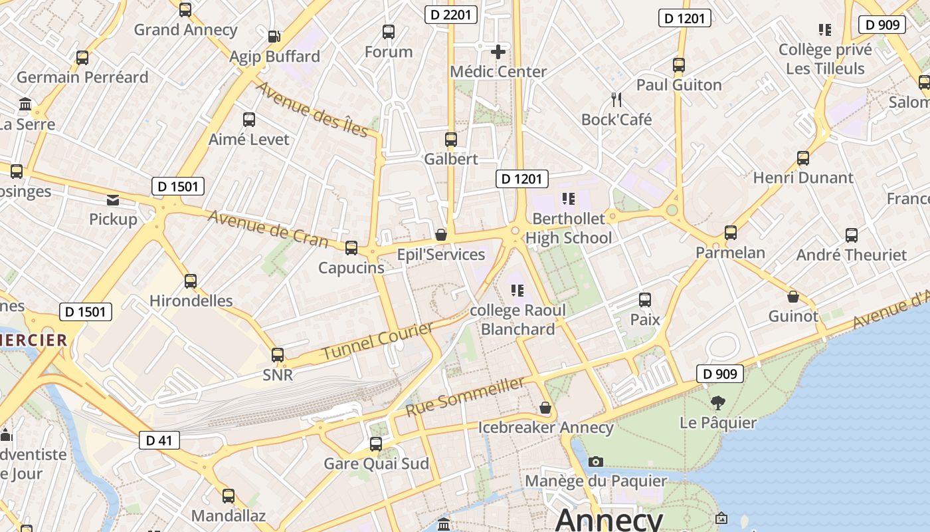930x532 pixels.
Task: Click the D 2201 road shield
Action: pos(451,14)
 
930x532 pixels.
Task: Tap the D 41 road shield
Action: pos(159,440)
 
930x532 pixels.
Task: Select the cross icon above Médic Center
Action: pos(498,51)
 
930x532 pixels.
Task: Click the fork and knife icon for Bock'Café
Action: pos(616,100)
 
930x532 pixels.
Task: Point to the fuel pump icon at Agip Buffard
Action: pos(274,37)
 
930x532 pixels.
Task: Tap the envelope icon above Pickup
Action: pos(113,199)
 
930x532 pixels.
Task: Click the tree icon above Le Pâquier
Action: pos(717,402)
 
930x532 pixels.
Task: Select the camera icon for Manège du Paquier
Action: pos(596,462)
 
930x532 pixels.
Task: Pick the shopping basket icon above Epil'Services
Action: pos(440,235)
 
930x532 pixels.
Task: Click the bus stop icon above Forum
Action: pos(389,32)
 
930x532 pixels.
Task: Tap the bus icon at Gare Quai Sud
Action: pos(376,444)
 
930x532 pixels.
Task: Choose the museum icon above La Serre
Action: pos(26,104)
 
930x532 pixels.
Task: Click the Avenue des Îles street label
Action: pos(312,109)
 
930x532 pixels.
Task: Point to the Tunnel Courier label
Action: pos(377,340)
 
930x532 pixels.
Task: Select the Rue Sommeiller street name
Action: pos(465,396)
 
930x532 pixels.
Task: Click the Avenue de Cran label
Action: pos(268,228)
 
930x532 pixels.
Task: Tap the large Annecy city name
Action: pos(608,519)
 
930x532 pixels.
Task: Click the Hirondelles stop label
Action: pos(191,301)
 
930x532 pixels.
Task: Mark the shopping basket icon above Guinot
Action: pos(792,296)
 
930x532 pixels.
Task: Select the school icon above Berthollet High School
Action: pos(568,198)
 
